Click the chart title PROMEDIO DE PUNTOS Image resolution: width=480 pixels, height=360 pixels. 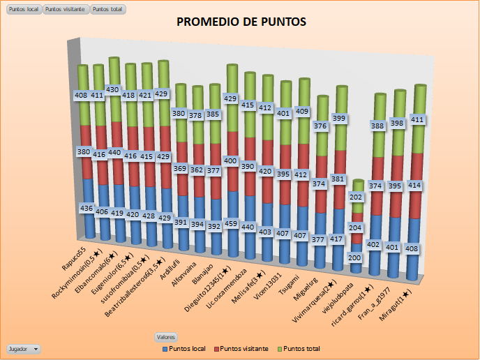pos(241,22)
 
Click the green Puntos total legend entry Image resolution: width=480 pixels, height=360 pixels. pos(302,347)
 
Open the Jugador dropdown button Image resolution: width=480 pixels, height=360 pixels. pos(23,347)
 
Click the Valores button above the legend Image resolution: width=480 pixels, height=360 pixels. pos(166,336)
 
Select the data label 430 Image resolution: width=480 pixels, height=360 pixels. pos(113,89)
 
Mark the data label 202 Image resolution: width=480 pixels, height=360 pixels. pos(357,197)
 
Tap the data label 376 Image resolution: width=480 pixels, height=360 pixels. pos(320,126)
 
